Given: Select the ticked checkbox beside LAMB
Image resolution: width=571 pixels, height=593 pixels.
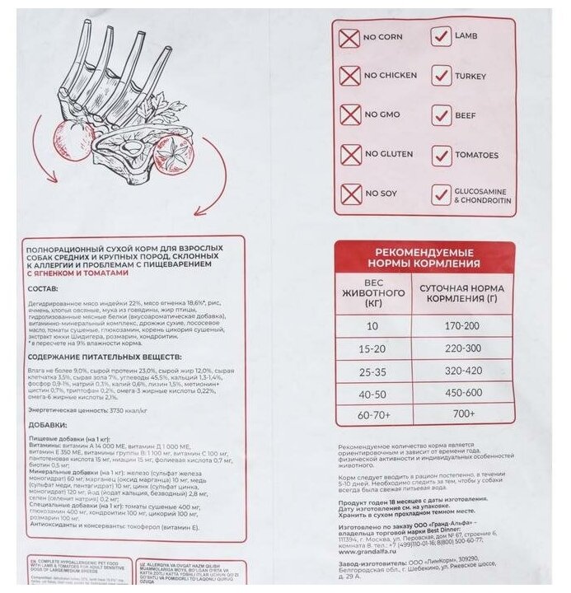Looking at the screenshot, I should pos(441,37).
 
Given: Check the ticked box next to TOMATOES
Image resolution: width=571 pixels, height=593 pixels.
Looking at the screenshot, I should pos(442,155).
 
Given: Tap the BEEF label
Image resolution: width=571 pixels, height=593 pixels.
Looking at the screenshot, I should pos(466,116).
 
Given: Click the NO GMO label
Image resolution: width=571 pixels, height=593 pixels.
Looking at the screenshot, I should pos(384,116).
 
